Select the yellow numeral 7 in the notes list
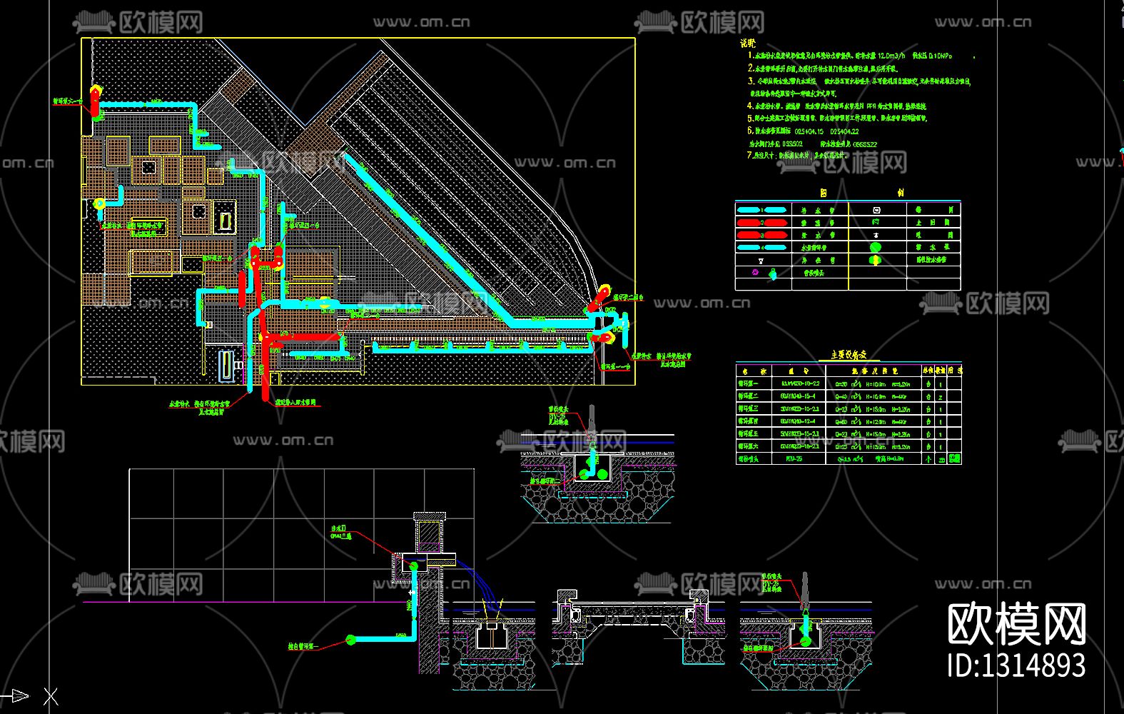(x=749, y=155)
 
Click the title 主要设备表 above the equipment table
(x=849, y=355)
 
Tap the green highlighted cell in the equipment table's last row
(x=954, y=458)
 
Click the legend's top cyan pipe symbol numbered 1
(x=762, y=210)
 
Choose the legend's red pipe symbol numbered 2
(x=761, y=222)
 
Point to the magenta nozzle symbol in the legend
(x=756, y=272)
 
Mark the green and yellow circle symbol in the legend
(x=876, y=260)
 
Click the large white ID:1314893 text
(x=1016, y=665)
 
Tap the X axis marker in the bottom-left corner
(x=51, y=696)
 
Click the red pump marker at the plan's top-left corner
(x=94, y=100)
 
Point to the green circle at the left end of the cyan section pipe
(x=350, y=640)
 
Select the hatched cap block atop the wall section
(x=430, y=516)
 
